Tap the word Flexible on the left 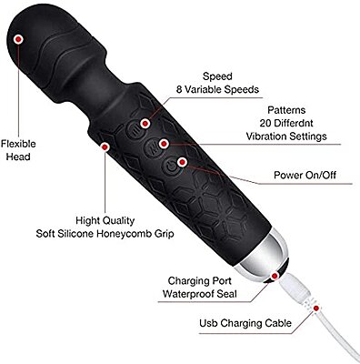19,142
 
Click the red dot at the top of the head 20,39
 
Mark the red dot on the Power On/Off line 183,162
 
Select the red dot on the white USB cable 316,309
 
